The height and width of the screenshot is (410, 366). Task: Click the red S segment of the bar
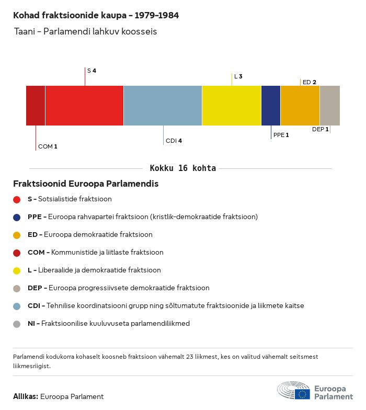tap(84, 106)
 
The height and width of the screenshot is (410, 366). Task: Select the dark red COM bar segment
tap(36, 106)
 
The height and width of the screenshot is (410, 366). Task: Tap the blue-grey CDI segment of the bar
tap(163, 106)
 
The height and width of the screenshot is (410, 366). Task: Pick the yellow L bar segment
tap(231, 106)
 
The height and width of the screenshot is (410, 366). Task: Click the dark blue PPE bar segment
tap(271, 106)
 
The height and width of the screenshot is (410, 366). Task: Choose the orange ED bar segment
tap(300, 106)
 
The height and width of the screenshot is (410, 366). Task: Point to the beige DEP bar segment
tap(329, 106)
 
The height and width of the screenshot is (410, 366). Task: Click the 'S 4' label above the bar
tap(92, 70)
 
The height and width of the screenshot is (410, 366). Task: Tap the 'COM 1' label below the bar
tap(48, 146)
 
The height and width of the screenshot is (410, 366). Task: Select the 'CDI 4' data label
tap(174, 141)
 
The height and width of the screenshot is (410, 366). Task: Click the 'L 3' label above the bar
tap(238, 76)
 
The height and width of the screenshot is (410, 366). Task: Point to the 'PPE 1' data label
tap(281, 135)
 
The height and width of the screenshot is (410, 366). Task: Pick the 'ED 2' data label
tap(309, 82)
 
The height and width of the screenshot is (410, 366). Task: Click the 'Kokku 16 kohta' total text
tap(182, 168)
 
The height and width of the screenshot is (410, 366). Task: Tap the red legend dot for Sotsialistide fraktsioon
tap(17, 199)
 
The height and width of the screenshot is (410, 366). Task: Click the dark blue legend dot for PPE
tap(17, 217)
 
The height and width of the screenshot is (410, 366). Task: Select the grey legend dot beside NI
tap(17, 324)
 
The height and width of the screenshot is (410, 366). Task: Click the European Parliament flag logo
tap(302, 393)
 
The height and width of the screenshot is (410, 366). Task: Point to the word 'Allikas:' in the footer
tap(26, 396)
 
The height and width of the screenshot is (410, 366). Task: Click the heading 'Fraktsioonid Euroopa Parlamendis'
tap(86, 184)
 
